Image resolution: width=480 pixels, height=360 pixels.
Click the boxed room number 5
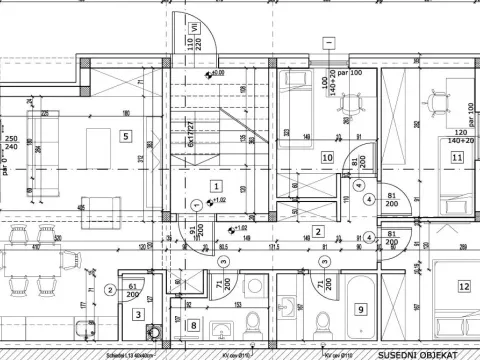(x=126, y=136)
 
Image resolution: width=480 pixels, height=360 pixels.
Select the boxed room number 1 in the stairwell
(x=216, y=186)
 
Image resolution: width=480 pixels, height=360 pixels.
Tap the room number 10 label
(x=327, y=157)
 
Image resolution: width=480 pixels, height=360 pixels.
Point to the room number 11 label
(x=457, y=157)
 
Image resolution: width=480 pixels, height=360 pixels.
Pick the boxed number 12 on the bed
(x=464, y=286)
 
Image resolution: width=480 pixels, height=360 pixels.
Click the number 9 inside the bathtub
(x=362, y=309)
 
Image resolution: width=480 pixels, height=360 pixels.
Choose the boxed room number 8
(x=193, y=324)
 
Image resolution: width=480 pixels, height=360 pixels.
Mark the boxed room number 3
(x=137, y=313)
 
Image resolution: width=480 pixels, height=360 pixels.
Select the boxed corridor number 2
(x=317, y=232)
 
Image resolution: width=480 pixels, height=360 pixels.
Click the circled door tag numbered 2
(x=109, y=291)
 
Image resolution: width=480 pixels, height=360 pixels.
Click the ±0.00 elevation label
(x=217, y=73)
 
